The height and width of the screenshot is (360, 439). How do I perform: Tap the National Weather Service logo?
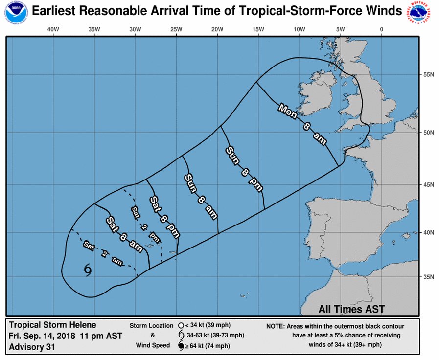(422, 12)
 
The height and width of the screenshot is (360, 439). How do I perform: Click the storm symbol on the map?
(88, 270)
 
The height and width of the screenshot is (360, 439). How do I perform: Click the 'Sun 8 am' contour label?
(200, 196)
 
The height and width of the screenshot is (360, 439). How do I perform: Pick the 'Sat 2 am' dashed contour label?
(103, 253)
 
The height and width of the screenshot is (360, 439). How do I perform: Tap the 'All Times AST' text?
(351, 309)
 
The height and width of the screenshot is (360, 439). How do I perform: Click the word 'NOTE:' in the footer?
(277, 326)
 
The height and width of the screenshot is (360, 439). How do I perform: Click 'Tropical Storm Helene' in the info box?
(52, 325)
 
